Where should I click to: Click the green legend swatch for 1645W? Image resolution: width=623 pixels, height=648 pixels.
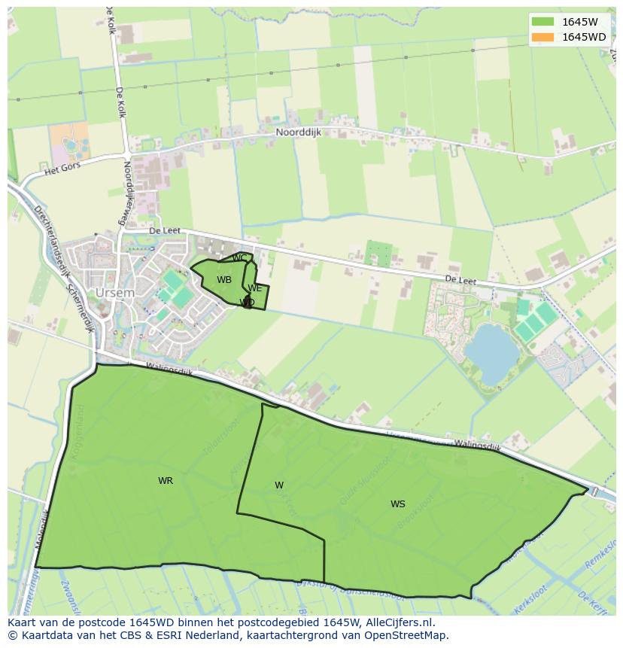click(542, 22)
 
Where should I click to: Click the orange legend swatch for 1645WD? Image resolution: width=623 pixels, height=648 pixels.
click(542, 37)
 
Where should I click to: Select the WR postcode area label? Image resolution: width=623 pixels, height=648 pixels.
click(166, 481)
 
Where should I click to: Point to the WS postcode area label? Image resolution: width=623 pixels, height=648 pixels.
click(398, 504)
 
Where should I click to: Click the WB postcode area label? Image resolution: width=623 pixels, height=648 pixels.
click(224, 280)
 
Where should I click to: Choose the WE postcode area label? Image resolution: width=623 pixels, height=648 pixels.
click(255, 288)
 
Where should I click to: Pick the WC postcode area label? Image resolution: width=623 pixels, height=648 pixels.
click(239, 258)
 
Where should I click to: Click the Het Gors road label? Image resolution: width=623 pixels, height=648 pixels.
click(62, 169)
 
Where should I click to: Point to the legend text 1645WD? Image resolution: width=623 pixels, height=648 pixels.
click(584, 37)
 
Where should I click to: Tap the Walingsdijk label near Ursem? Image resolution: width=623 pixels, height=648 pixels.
click(170, 370)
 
